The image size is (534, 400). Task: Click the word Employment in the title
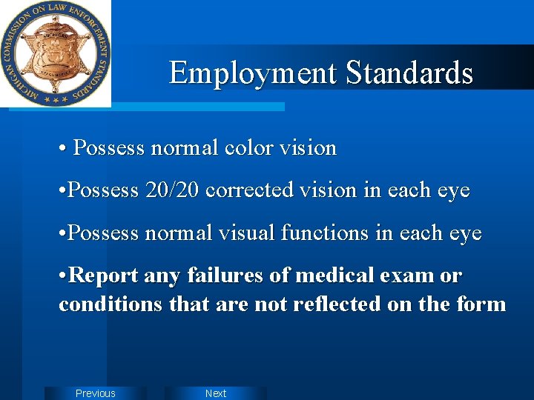pos(254,73)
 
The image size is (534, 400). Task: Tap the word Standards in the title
pos(409,73)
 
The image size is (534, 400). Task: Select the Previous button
pos(96,393)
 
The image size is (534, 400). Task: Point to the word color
pos(249,148)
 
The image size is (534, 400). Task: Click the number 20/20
pos(173,190)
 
